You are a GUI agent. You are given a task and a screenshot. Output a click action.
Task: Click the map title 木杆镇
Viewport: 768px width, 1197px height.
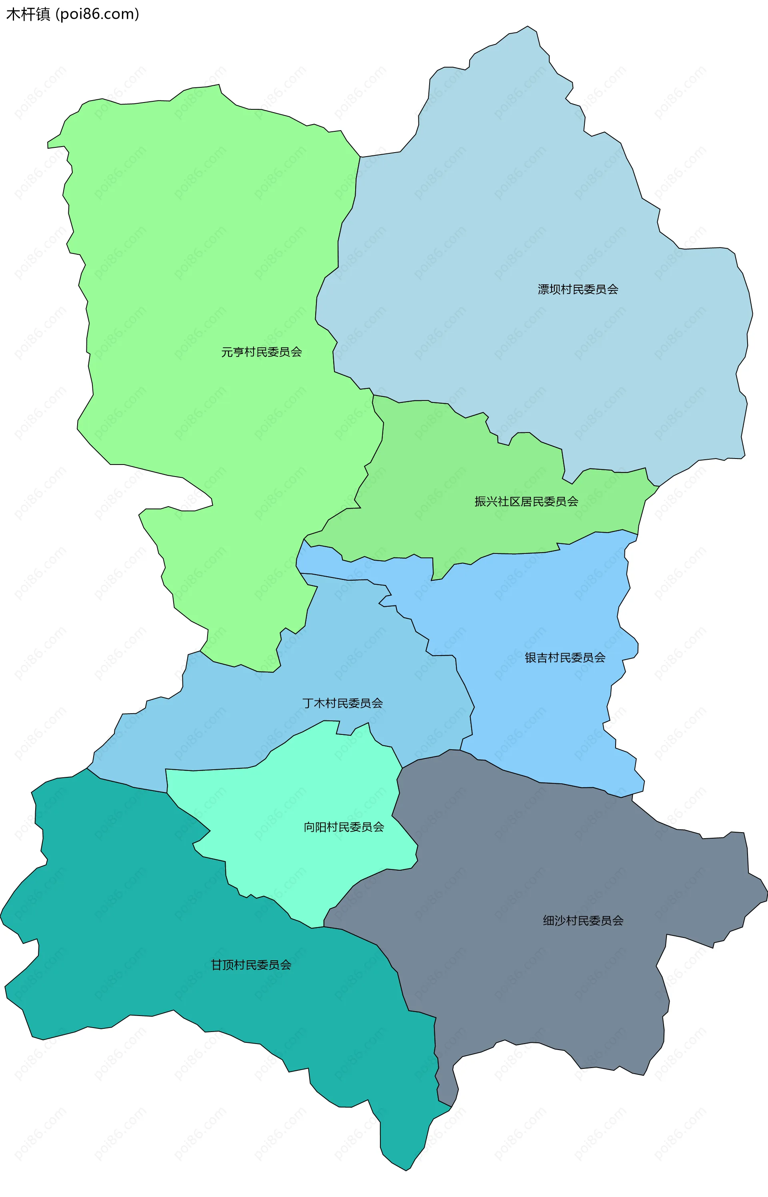click(x=28, y=14)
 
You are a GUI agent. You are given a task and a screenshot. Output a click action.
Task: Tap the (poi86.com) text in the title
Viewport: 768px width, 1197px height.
click(x=98, y=14)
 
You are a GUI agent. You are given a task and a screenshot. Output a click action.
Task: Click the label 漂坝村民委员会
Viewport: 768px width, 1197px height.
click(x=578, y=290)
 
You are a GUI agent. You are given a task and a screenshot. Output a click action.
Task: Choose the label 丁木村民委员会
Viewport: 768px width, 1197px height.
click(x=343, y=703)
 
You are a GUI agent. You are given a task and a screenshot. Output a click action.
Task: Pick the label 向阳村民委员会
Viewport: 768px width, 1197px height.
click(x=344, y=827)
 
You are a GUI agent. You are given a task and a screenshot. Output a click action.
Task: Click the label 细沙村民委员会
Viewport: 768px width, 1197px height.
click(x=583, y=920)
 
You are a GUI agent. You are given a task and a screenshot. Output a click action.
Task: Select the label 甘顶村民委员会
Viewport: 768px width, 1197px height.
click(x=251, y=965)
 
